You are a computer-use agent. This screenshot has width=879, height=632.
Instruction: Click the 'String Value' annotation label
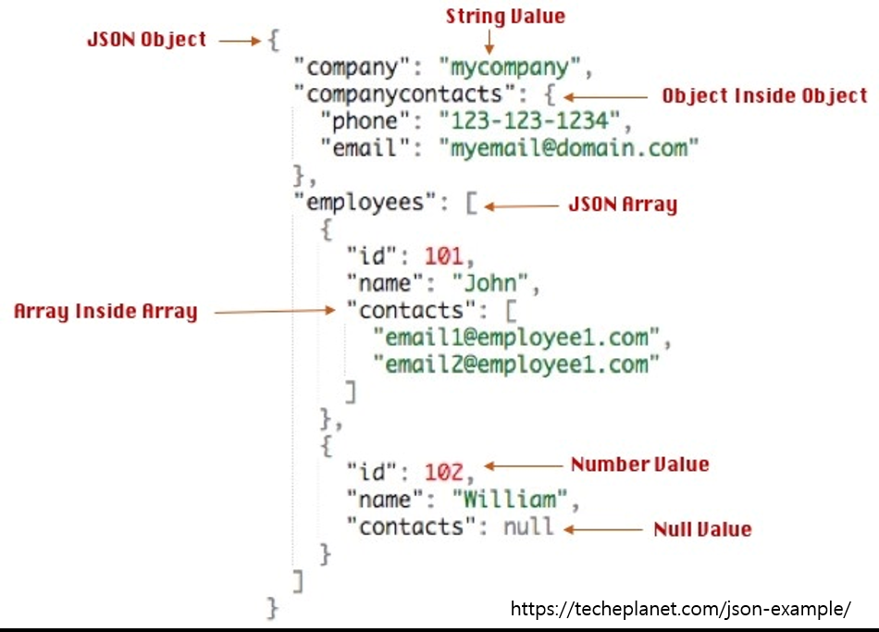coord(505,16)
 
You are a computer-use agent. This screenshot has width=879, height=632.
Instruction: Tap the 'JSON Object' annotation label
coord(146,41)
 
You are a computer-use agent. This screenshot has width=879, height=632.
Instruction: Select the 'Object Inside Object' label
coord(764,96)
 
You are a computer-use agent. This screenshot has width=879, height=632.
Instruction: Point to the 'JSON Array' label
coord(622,204)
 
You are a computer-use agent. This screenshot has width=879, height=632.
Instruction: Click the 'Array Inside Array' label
coord(105,312)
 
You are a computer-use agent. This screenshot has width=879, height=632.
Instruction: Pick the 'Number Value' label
coord(639,465)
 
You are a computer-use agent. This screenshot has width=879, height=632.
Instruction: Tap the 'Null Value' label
coord(702,530)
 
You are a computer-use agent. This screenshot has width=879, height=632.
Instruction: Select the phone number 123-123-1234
coord(528,121)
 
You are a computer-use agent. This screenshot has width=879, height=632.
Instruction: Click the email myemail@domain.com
coord(568,148)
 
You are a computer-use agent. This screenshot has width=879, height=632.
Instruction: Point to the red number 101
coord(443,256)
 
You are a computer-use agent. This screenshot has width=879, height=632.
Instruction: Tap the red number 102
coord(443,473)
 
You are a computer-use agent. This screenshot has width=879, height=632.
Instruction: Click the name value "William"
coord(510,500)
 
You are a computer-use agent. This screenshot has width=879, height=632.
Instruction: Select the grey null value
coord(528,527)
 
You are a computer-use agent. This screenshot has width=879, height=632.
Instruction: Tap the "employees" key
coord(370,203)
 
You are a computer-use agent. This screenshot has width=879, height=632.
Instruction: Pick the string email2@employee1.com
coord(515,365)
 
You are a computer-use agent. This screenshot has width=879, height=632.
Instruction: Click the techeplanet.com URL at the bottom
coord(680,609)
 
